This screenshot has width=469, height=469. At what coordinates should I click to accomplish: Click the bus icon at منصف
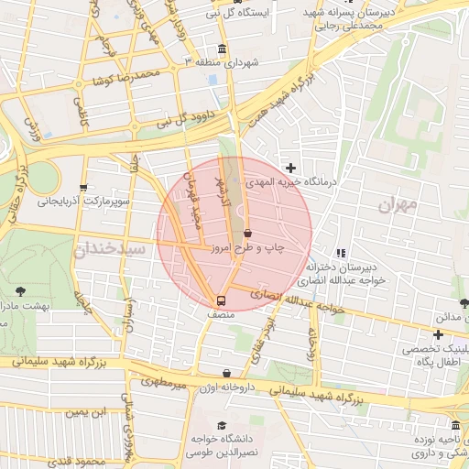[x=220, y=300]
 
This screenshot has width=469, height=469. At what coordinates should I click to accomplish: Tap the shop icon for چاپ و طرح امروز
[x=248, y=234]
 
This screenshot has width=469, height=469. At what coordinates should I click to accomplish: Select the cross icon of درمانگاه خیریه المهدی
[x=291, y=168]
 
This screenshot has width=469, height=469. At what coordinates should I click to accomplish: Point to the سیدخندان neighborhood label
[x=111, y=247]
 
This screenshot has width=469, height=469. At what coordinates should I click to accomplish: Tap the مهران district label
[x=397, y=203]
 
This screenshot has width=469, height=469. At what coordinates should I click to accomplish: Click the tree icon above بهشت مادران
[x=20, y=291]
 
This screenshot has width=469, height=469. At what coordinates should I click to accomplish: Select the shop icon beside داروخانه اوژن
[x=227, y=373]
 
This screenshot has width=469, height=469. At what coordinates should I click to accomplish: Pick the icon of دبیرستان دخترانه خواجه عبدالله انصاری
[x=341, y=253]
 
